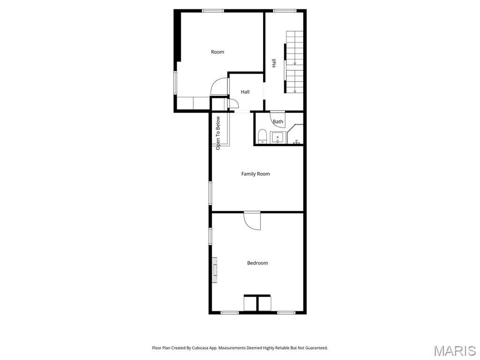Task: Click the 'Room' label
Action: [217, 52]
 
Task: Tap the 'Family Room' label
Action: [255, 174]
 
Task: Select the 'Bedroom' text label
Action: [257, 263]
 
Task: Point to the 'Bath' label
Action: [278, 122]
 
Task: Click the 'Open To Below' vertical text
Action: [218, 133]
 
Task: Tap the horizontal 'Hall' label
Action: [245, 92]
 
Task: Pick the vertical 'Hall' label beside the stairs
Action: [274, 63]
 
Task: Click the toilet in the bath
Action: [262, 136]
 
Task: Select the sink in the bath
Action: [278, 137]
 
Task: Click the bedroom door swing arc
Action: [253, 221]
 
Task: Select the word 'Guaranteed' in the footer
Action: [315, 348]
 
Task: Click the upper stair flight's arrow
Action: [295, 61]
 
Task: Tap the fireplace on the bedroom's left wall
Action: [215, 270]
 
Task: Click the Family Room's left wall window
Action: [210, 193]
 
